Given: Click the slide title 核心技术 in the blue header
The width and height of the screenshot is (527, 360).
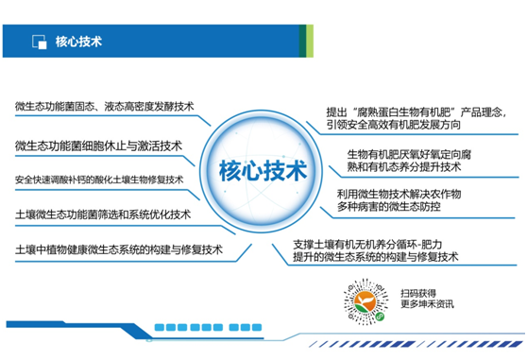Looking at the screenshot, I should point(79,41).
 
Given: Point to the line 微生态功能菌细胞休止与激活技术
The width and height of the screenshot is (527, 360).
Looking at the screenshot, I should point(98,146).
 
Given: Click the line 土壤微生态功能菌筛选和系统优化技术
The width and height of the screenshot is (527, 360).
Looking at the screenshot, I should point(103,214).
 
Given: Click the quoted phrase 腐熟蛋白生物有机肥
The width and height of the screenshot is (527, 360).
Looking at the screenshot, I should point(415,110).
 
